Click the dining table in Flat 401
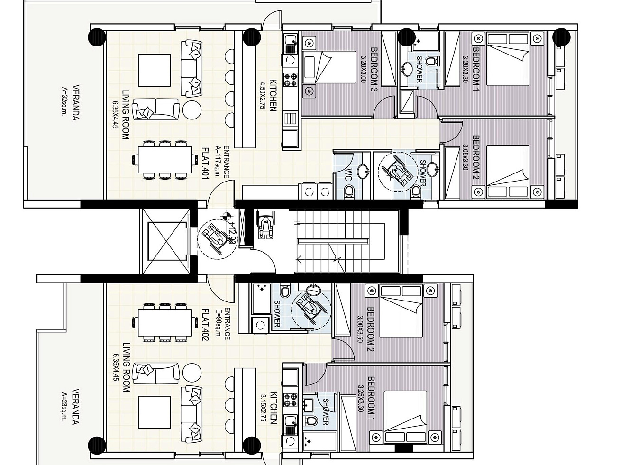click(x=165, y=159)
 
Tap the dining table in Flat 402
click(x=165, y=322)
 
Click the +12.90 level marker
click(x=232, y=232)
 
